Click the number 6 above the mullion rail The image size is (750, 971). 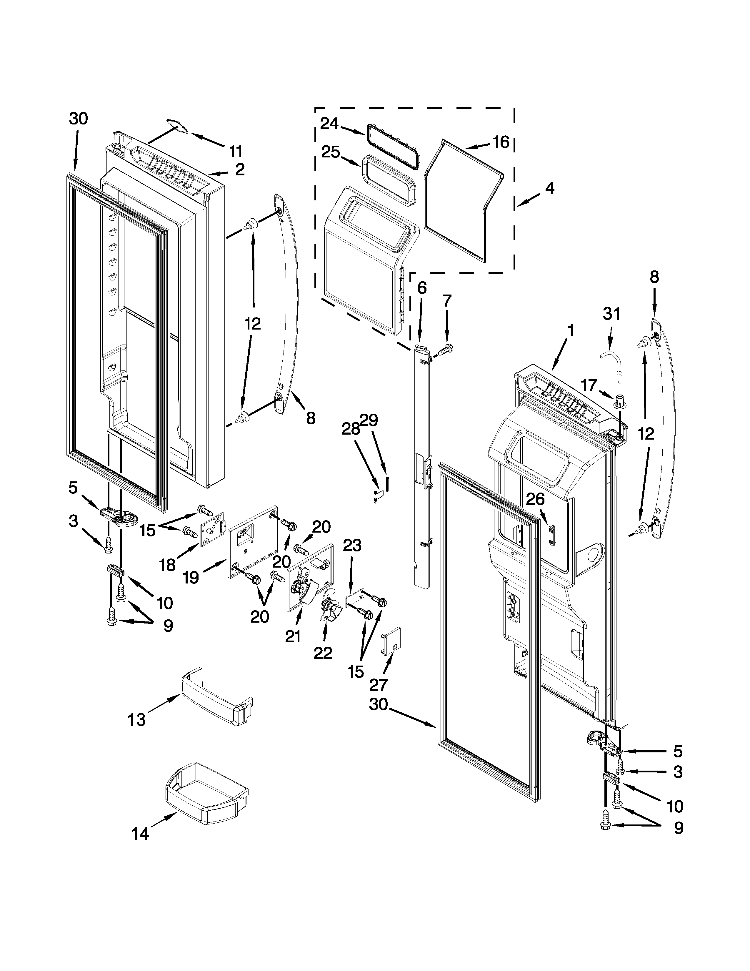tap(422, 288)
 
